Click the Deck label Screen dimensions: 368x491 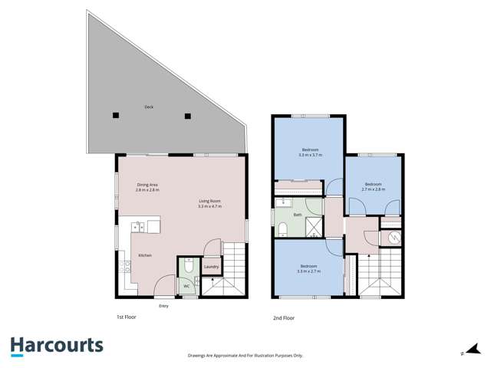148,107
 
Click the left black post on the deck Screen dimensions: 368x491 115,116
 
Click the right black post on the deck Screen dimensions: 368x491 187,116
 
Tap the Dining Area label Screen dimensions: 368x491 147,185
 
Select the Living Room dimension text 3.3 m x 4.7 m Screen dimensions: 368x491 209,206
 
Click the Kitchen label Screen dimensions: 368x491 145,255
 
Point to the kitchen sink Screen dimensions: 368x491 139,226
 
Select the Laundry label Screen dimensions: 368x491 212,267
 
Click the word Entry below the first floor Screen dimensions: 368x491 163,306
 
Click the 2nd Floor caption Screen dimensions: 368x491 284,317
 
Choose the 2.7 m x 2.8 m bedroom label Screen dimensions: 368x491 373,186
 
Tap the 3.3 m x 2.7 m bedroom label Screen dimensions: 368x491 310,269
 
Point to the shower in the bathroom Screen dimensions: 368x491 315,226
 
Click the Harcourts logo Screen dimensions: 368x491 57,346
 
